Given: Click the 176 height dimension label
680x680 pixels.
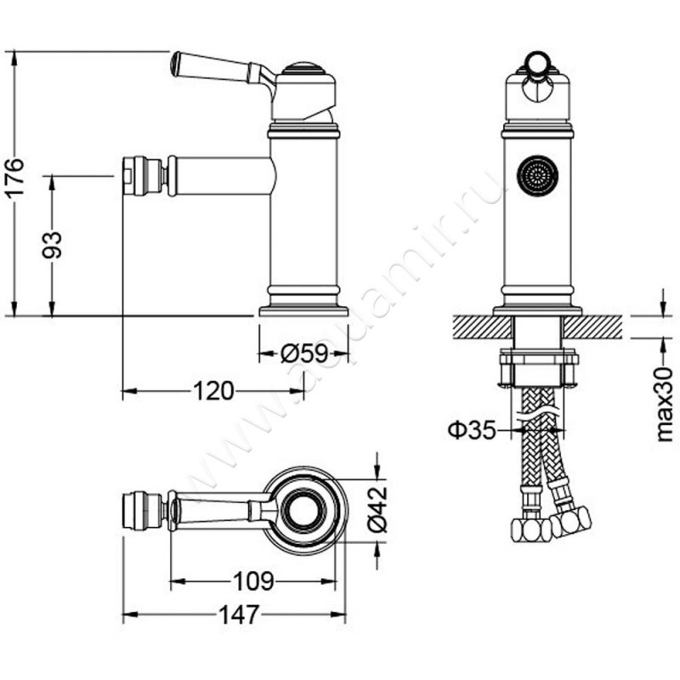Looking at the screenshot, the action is (14, 178).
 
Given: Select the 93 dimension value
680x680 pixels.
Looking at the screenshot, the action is (52, 245).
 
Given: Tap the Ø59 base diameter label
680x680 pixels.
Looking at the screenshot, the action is (304, 354).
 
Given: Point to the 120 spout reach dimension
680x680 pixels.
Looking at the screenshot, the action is (213, 391).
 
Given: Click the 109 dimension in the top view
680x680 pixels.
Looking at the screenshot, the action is (253, 581).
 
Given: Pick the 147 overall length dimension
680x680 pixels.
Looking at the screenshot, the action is (240, 614).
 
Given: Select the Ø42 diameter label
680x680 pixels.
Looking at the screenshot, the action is (377, 508).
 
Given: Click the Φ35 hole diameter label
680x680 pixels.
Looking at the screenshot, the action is (472, 430).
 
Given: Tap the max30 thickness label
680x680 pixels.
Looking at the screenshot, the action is (664, 404).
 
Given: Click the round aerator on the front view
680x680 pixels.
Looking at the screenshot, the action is (537, 176).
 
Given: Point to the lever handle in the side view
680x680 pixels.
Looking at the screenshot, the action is (222, 71).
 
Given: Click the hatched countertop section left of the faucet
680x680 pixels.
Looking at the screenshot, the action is (483, 327).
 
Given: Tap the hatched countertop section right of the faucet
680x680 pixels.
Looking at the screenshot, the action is (592, 327).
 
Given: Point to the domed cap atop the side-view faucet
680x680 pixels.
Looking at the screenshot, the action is (303, 69).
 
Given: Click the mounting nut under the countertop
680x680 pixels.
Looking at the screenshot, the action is (539, 366).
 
